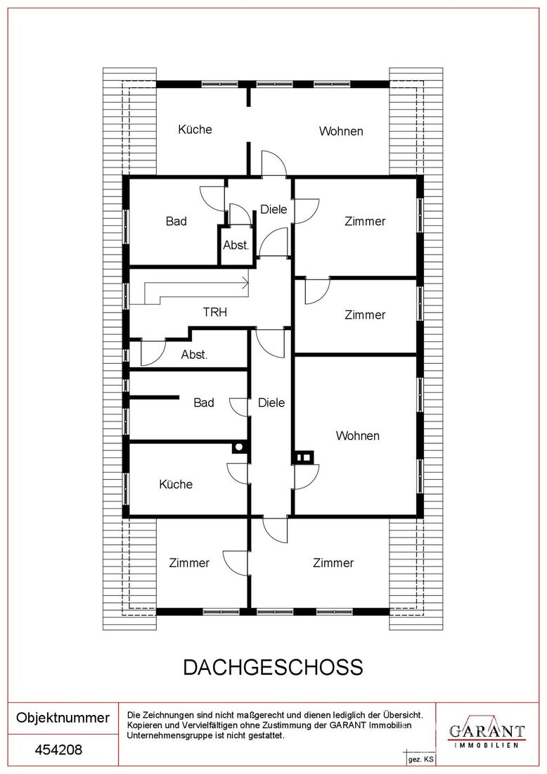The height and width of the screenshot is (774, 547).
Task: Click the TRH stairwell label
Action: click(215, 312)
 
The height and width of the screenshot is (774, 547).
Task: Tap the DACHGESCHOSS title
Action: click(273, 667)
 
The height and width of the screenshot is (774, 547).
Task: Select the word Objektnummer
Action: click(63, 718)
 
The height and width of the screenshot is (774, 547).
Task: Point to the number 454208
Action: click(58, 750)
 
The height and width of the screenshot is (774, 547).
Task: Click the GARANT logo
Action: click(487, 730)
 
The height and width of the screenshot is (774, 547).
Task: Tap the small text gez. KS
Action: click(420, 760)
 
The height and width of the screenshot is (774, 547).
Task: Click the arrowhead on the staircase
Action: click(245, 284)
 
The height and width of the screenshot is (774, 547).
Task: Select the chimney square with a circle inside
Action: click(239, 448)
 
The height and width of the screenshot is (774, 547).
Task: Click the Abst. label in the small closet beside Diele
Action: click(236, 245)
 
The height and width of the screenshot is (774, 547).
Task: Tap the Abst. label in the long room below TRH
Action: click(194, 355)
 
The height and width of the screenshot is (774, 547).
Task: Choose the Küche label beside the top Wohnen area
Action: click(195, 129)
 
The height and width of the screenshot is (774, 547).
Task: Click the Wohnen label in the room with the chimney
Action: click(358, 436)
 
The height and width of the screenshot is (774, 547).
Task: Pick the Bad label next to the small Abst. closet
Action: click(176, 221)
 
